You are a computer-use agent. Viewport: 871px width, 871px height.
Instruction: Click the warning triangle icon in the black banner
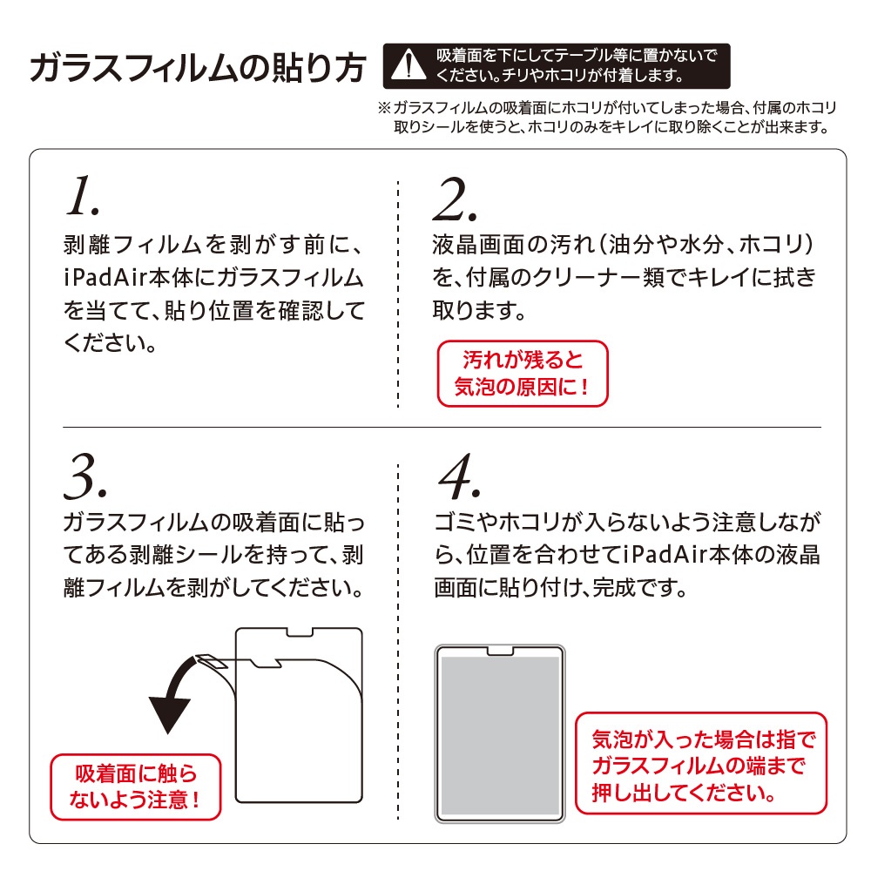point(408,65)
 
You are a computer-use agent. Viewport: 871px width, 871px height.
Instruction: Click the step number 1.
point(83,195)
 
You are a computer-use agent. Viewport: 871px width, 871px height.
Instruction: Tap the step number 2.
point(455,199)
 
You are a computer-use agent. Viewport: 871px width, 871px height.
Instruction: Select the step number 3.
point(85,476)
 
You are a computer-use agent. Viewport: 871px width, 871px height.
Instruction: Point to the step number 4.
point(459,476)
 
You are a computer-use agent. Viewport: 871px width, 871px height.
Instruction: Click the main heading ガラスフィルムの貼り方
point(198,68)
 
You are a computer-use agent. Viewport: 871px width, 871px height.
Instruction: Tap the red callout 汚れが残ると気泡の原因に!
point(522,374)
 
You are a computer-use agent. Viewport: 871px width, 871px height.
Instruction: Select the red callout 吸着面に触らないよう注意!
point(136,787)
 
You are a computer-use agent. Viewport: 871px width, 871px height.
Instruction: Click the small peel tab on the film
point(210,661)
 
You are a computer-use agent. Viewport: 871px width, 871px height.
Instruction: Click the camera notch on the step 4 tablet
point(499,651)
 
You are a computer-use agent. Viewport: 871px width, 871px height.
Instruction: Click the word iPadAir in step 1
point(106,278)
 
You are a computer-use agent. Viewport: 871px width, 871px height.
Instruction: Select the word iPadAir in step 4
point(665,555)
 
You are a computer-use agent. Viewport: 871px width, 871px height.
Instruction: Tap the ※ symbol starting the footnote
point(384,108)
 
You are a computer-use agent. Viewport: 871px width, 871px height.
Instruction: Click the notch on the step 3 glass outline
point(300,632)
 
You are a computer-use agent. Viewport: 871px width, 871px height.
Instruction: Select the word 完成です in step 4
point(640,588)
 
